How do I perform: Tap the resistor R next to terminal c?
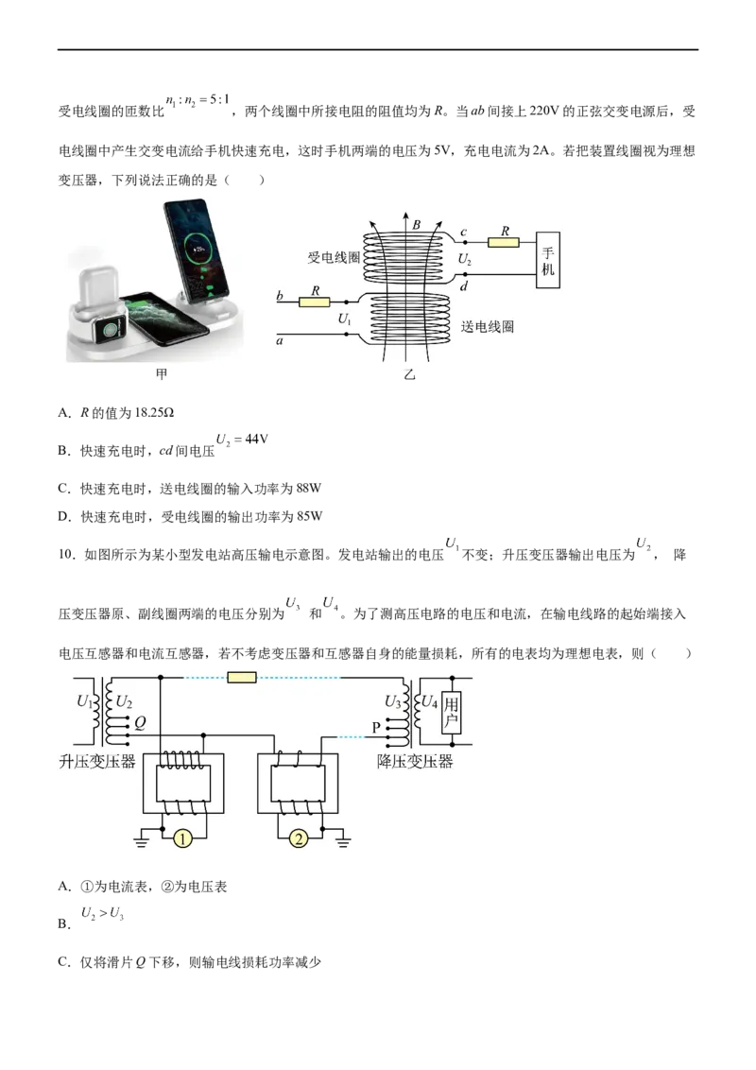504,242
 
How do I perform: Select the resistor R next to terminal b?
313,302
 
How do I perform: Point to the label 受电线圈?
333,257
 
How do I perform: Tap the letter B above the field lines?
416,226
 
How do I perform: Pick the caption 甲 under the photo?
162,374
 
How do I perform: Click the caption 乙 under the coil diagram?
409,375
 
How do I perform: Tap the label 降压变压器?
415,762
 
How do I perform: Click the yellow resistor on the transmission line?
243,677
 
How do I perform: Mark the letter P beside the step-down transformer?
376,727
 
